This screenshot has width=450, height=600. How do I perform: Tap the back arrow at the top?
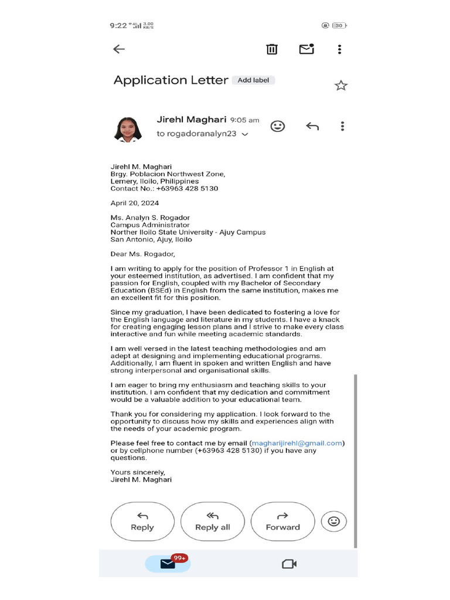click(x=119, y=49)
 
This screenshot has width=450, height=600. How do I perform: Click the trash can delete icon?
click(x=272, y=49)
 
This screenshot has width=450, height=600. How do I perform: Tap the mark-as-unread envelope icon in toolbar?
click(x=306, y=49)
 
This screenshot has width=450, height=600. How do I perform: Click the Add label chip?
click(x=253, y=80)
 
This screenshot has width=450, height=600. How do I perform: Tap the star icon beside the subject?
click(x=341, y=86)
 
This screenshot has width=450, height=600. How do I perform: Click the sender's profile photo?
click(x=127, y=129)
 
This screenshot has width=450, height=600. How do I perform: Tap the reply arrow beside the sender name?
click(x=312, y=127)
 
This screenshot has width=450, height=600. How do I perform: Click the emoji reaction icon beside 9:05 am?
click(x=278, y=126)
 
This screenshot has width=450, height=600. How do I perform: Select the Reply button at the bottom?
click(x=142, y=521)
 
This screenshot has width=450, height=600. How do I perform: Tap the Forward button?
click(x=282, y=521)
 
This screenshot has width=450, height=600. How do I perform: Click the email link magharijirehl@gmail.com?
click(x=296, y=443)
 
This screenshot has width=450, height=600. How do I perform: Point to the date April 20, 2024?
click(x=135, y=203)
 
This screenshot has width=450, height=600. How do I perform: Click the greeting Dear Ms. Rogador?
click(x=143, y=254)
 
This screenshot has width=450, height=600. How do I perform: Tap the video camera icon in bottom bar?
click(x=289, y=564)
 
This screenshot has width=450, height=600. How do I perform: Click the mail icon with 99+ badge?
click(x=168, y=564)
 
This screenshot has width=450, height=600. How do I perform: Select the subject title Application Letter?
click(x=171, y=80)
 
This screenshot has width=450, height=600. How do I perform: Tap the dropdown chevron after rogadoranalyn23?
click(x=245, y=134)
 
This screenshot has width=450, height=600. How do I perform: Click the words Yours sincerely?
click(x=138, y=472)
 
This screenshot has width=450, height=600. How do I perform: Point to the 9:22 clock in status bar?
click(x=118, y=25)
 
